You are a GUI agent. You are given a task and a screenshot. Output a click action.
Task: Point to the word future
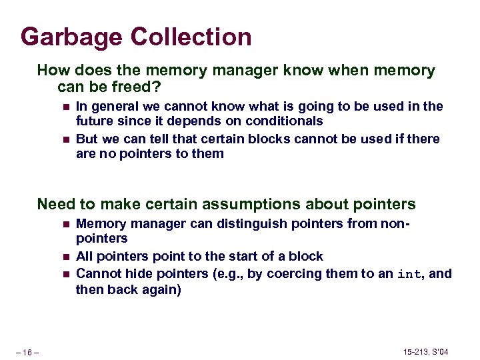tap(95, 121)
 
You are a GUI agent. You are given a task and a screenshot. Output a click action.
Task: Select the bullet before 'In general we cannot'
tap(65, 107)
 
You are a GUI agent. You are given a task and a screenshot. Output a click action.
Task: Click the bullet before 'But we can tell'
tap(65, 139)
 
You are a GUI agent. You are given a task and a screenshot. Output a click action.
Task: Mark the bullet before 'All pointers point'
tap(65, 257)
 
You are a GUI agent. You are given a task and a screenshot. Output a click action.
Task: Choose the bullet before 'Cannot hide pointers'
tap(65, 273)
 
